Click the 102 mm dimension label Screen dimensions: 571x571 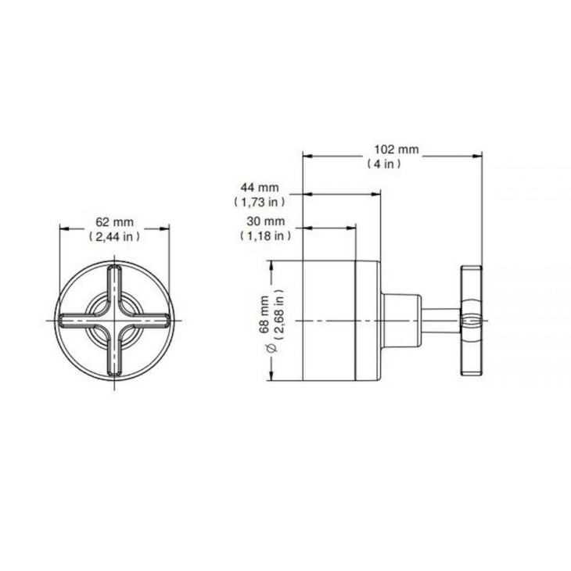coord(397,149)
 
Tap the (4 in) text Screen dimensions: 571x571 coord(384,164)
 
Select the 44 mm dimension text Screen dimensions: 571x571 coord(259,188)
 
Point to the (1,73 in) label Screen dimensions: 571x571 coord(259,202)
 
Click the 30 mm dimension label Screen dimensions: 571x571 coord(265,221)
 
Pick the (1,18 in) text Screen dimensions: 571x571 coord(265,235)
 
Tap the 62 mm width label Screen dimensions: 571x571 coord(114,222)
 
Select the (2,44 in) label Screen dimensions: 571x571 coord(114,237)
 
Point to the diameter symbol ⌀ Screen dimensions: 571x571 coord(272,348)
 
